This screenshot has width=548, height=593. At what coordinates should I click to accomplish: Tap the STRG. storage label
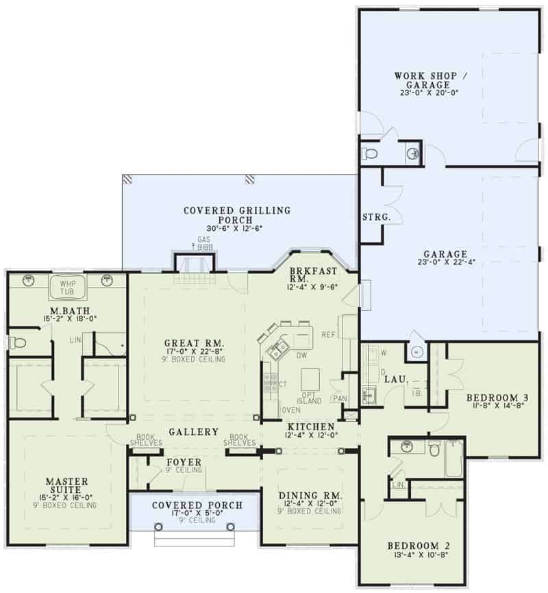pos(376,217)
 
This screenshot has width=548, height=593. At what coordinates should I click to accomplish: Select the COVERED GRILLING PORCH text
pos(236,216)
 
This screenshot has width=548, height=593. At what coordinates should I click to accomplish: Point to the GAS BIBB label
pos(203,244)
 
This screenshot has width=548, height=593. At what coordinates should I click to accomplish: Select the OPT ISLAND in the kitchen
pos(310,399)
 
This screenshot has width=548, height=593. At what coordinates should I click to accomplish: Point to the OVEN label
pos(290,410)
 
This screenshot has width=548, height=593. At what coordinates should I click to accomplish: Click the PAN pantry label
pos(339,399)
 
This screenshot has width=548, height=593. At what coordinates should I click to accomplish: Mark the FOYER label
pos(184,462)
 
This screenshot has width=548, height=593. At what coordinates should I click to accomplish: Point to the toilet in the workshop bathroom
pos(369,153)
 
